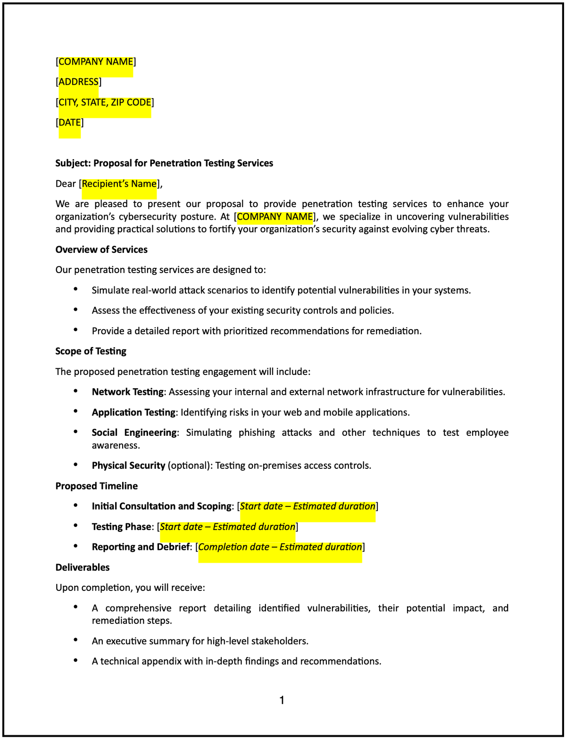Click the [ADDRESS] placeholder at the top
[78, 82]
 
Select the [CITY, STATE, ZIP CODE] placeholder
[105, 102]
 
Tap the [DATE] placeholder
[69, 123]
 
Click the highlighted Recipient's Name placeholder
[119, 184]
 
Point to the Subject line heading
[164, 163]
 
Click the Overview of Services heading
[101, 249]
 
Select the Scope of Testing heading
[91, 351]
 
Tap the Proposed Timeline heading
[96, 486]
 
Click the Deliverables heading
[83, 567]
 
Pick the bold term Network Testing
[127, 392]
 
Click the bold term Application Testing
[133, 412]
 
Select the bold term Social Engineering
[134, 432]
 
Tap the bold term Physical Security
[128, 465]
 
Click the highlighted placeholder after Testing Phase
[227, 527]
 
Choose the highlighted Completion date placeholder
[280, 547]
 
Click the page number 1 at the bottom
[282, 700]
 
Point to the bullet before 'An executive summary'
[75, 640]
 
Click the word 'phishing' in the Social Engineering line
[257, 432]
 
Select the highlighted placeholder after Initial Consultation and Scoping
[308, 507]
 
